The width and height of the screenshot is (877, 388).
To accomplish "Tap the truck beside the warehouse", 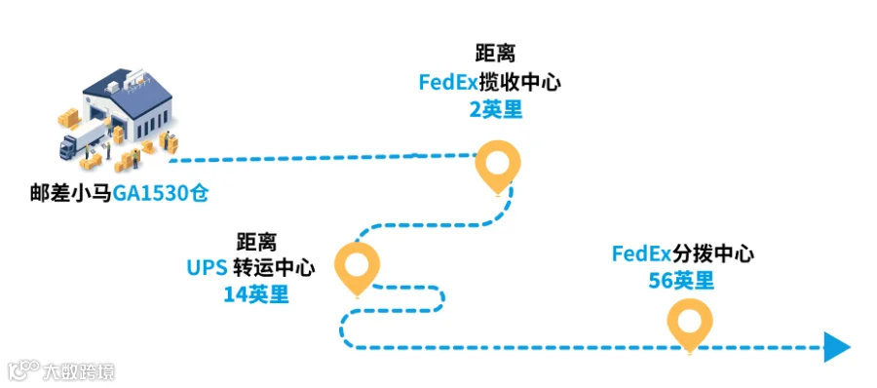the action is coord(82,140).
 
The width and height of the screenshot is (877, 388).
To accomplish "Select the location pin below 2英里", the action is coord(497,167).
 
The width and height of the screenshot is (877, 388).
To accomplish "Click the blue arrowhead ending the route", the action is coord(837,347).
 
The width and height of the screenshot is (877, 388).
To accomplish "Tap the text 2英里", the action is coord(496,110).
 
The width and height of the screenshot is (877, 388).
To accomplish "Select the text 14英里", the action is coord(256,294).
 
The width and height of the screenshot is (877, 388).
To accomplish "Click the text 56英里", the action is coord(681,280).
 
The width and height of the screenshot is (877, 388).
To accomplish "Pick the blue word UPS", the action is coord(207,269).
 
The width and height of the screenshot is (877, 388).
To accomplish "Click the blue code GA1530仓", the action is coord(161,194).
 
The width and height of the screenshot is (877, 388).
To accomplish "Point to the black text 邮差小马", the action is coord(71,194).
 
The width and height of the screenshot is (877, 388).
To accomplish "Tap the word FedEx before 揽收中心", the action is coord(448,83).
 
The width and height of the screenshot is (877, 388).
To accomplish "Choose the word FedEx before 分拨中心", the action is coord(641,253).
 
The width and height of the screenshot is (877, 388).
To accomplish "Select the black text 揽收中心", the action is coord(520,83).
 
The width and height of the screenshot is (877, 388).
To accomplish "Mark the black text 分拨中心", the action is coord(713,253).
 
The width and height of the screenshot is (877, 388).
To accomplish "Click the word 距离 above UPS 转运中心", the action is coord(256,243).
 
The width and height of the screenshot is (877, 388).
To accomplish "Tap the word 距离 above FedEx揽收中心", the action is coord(495,54).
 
